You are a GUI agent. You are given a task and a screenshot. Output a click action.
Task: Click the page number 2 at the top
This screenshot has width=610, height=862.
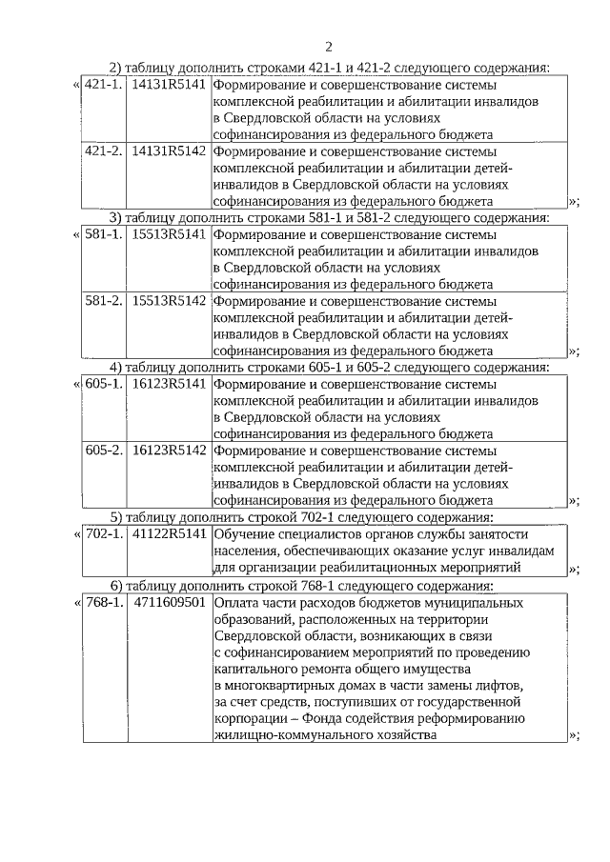pyautogui.click(x=328, y=47)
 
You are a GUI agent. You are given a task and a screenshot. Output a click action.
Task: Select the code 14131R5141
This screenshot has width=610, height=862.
pyautogui.click(x=169, y=84)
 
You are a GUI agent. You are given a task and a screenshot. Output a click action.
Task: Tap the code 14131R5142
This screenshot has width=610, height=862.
pyautogui.click(x=169, y=150)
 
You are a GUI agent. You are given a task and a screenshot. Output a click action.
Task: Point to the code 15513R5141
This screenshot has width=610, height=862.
pyautogui.click(x=169, y=233)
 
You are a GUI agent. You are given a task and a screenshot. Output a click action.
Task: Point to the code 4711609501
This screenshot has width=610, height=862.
pyautogui.click(x=169, y=602)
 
